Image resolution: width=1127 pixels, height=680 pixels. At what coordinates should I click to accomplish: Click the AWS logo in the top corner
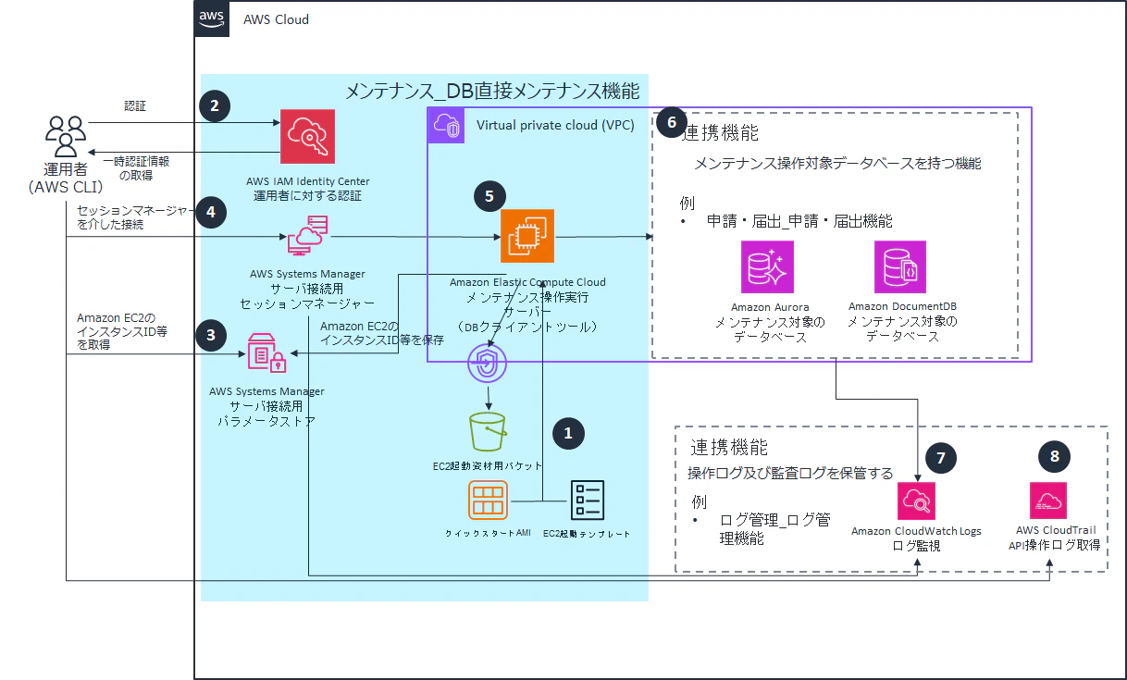[x=212, y=19]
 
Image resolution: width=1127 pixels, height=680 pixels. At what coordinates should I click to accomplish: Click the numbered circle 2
[x=215, y=105]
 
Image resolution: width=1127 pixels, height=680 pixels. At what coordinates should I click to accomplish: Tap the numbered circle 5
[x=489, y=196]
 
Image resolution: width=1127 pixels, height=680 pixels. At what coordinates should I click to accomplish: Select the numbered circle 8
[x=1054, y=456]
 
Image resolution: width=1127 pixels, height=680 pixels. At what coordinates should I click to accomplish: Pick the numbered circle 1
[x=568, y=433]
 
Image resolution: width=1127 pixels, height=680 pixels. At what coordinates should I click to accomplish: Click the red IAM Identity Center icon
[x=307, y=136]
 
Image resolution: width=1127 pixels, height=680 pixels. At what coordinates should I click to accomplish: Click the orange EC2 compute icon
[x=527, y=236]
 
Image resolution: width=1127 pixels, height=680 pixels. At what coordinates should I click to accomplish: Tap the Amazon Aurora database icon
[x=767, y=266]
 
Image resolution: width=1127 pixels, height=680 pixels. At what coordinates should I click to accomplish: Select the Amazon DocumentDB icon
[x=900, y=266]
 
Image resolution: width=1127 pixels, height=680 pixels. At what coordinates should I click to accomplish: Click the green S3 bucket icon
[x=487, y=431]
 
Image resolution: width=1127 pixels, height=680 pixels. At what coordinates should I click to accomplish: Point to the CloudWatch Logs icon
[x=916, y=501]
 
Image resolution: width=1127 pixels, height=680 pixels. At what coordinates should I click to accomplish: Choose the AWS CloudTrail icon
[x=1048, y=501]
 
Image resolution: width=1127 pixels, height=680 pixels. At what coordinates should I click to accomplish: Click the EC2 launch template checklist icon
[x=588, y=500]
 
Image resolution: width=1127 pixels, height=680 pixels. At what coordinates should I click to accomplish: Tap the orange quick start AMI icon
[x=488, y=500]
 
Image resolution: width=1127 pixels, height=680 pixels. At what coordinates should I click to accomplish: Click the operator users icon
[x=66, y=136]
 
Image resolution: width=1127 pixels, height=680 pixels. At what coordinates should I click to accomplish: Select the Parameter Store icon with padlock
[x=266, y=353]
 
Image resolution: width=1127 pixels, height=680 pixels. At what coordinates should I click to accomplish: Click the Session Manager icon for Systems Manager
[x=307, y=235]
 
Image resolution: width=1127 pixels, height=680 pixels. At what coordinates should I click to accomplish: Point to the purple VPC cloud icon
[x=446, y=125]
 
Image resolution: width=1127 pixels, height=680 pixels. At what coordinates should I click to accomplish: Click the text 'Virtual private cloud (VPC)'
[x=555, y=125]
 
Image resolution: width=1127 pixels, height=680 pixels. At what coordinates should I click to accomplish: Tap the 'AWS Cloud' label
[x=276, y=19]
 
